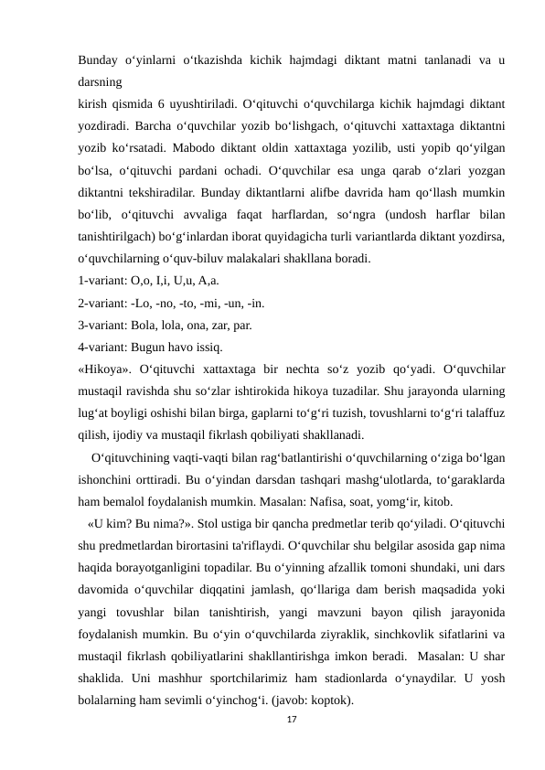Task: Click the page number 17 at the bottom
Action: point(292,722)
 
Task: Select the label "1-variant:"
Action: point(105,280)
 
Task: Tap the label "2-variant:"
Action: point(105,303)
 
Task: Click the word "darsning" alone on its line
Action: point(104,80)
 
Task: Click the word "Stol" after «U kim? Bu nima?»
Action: point(189,524)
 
